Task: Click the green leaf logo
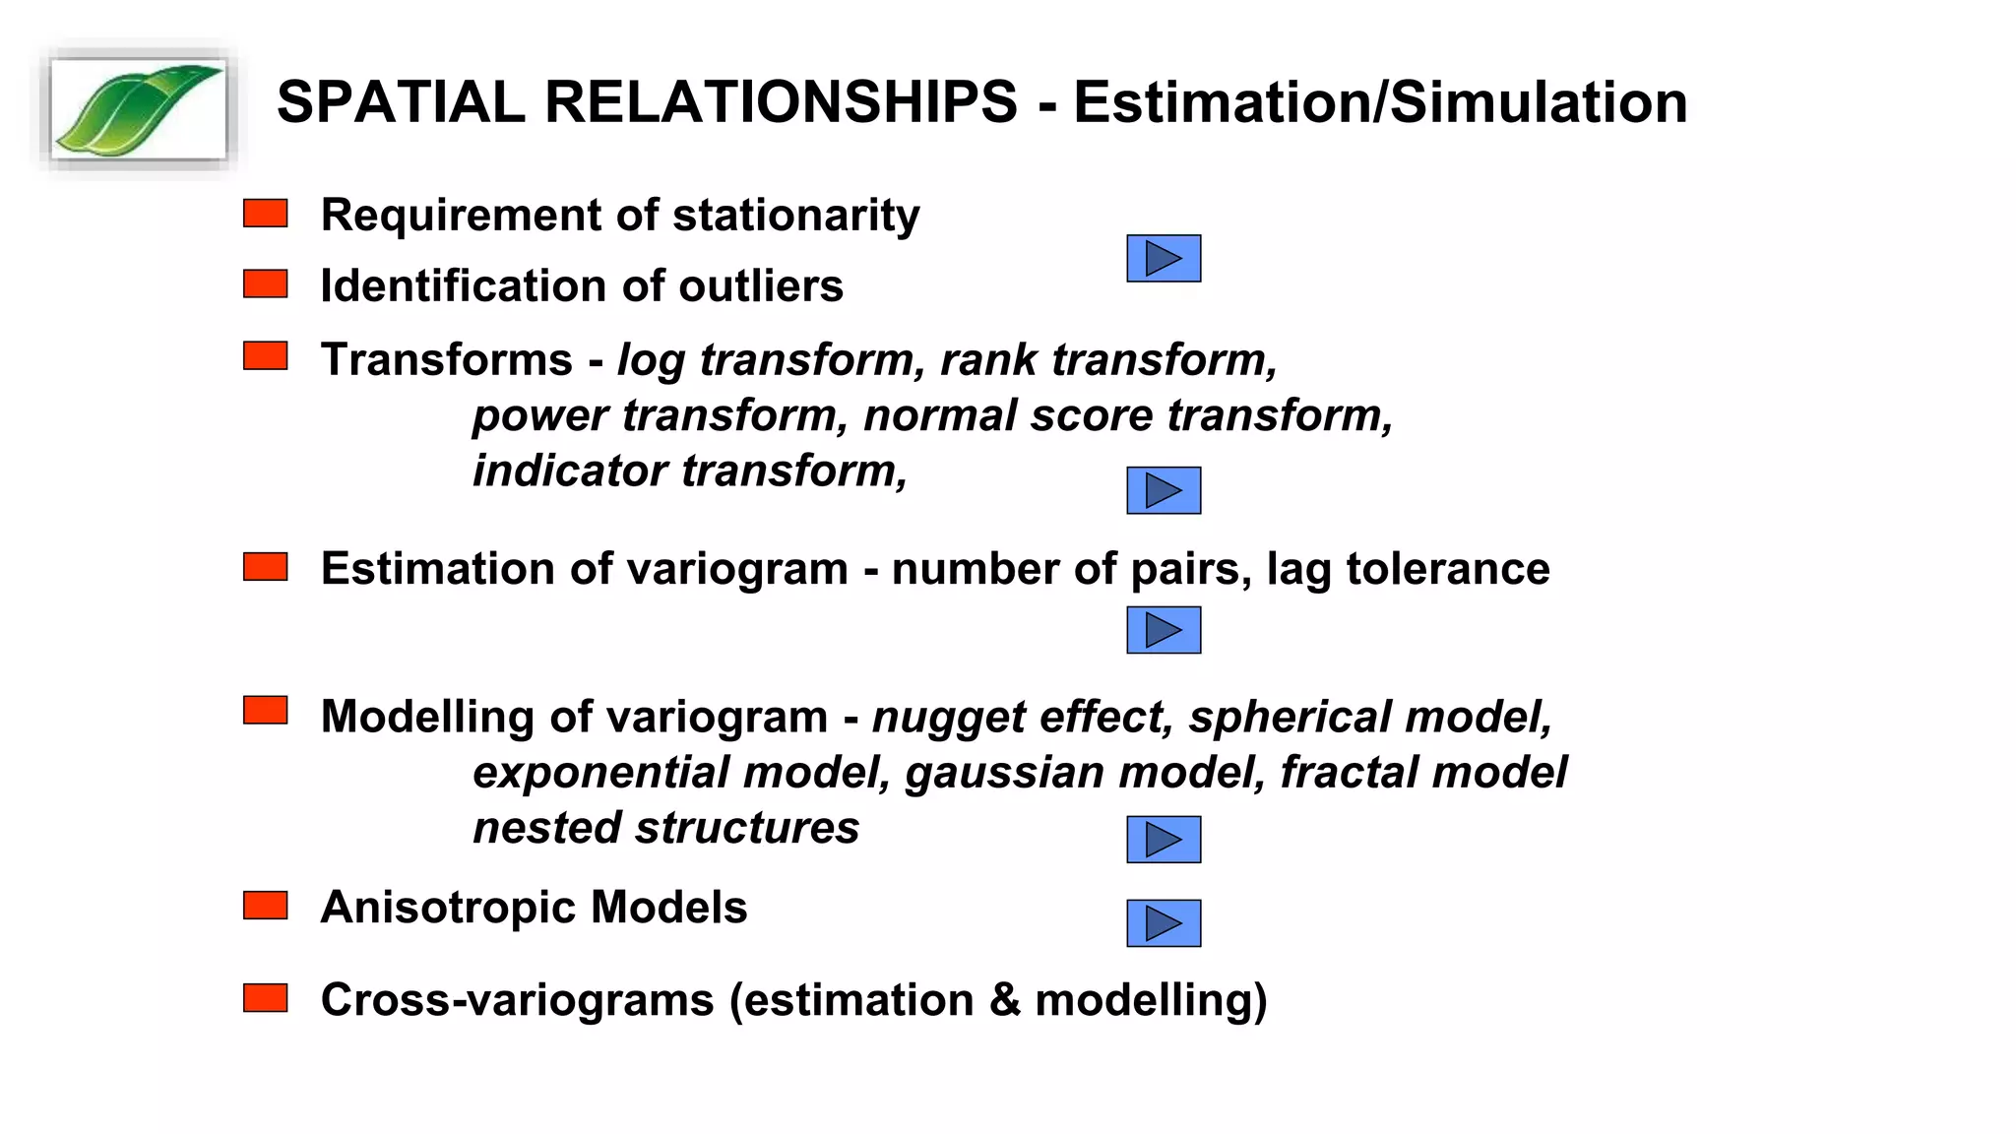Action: click(139, 109)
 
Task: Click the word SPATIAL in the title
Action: click(401, 102)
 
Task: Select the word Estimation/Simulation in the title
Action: click(1380, 102)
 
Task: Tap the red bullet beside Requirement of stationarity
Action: click(265, 214)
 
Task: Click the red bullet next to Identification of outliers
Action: click(265, 284)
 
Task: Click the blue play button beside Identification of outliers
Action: click(1164, 259)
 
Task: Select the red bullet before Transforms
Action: click(265, 356)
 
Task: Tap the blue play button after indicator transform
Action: click(1164, 490)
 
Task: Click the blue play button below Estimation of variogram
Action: click(1164, 630)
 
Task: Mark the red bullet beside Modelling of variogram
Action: click(265, 711)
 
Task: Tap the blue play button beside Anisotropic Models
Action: click(1164, 923)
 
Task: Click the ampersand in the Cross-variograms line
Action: click(1004, 1000)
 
